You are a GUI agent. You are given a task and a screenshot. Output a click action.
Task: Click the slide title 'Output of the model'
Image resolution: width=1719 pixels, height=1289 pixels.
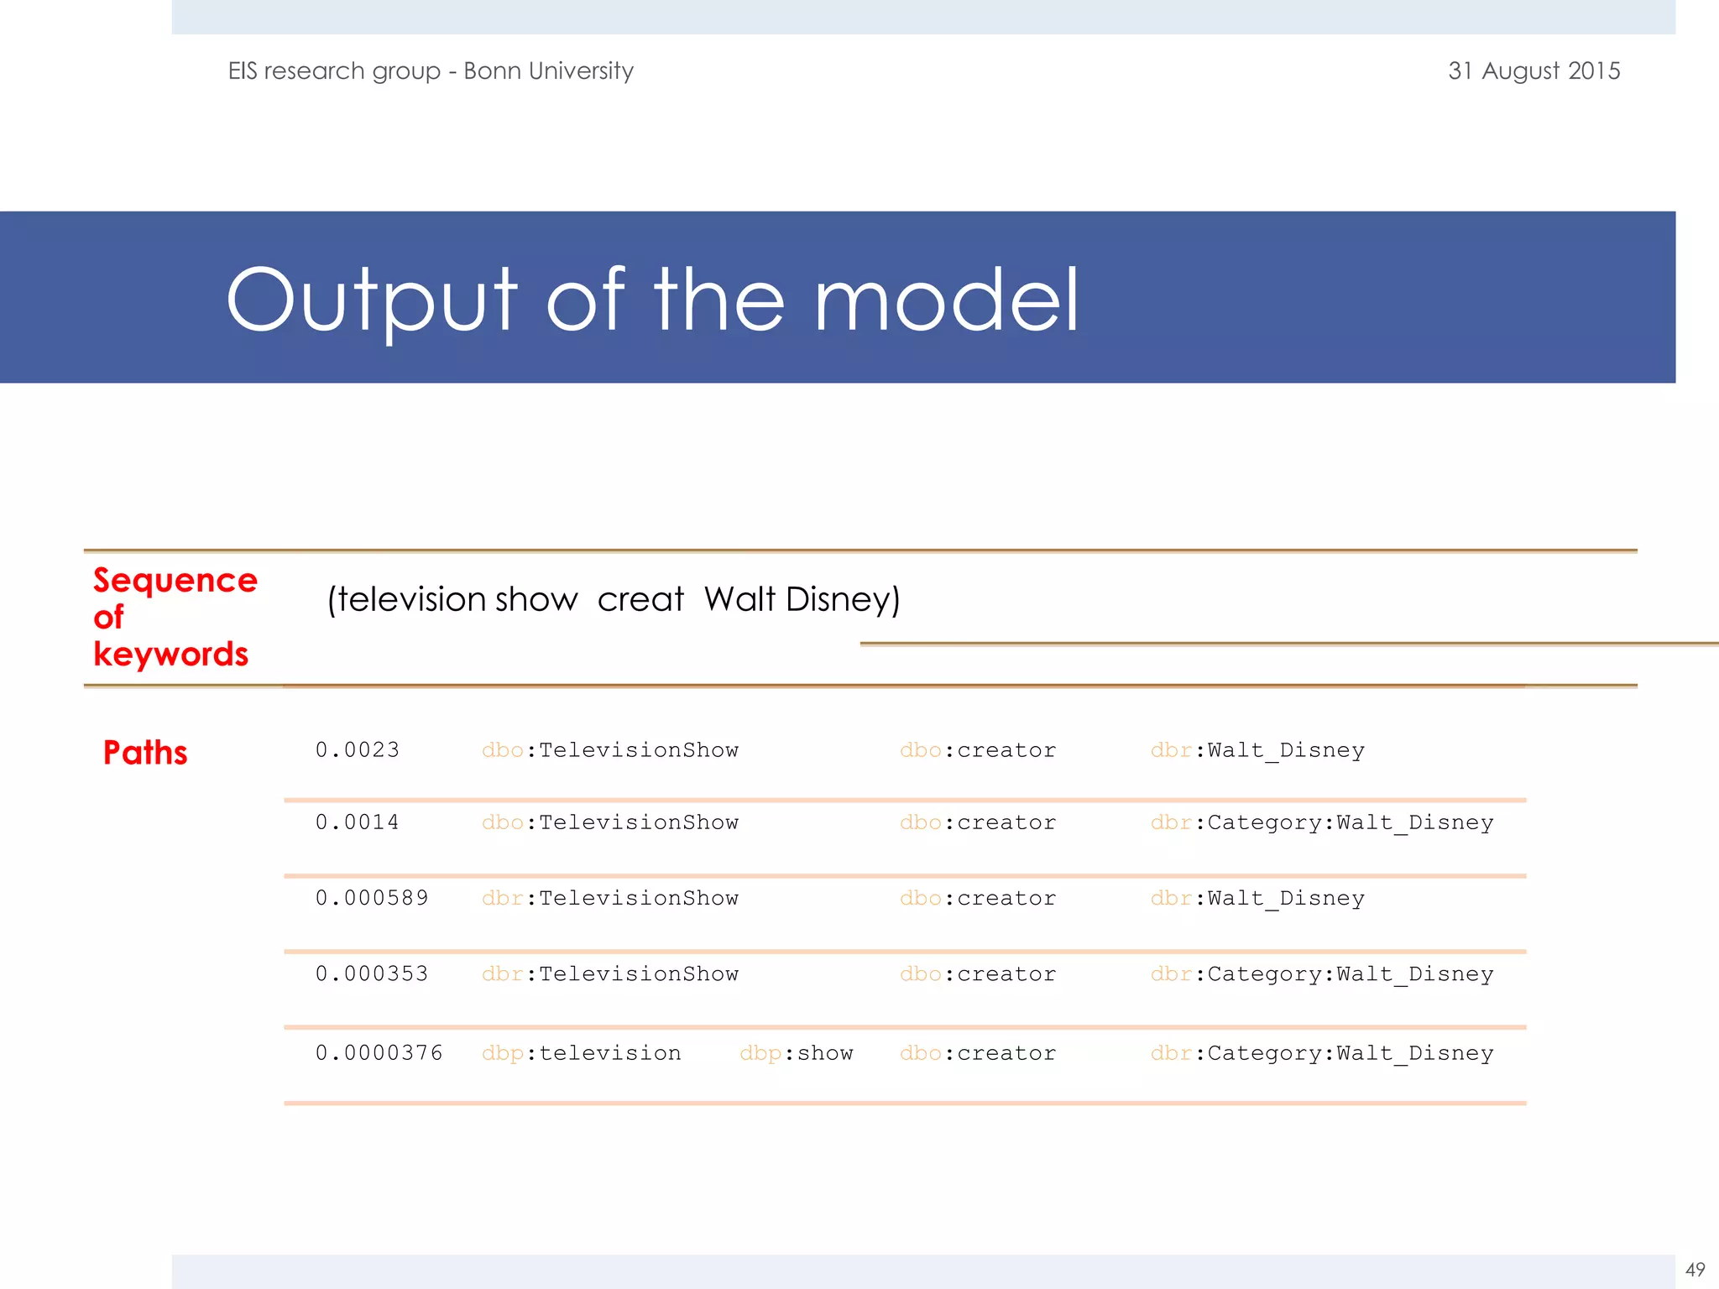652,300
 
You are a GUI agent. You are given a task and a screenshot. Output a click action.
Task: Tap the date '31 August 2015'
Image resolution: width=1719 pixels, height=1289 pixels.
1534,71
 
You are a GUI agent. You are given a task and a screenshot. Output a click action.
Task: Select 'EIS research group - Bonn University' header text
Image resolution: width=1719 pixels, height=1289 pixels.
431,71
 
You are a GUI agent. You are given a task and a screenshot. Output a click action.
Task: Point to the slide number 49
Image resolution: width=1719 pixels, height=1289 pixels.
1695,1270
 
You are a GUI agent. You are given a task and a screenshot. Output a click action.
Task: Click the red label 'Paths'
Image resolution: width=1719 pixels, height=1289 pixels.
145,753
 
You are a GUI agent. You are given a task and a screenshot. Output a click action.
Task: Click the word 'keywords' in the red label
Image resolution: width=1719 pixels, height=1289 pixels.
170,654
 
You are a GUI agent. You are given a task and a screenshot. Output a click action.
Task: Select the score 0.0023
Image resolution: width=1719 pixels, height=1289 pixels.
358,750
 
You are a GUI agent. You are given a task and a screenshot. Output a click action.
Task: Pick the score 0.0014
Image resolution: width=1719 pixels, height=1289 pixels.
358,822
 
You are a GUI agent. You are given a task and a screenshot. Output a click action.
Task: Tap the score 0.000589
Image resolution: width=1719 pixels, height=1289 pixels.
372,898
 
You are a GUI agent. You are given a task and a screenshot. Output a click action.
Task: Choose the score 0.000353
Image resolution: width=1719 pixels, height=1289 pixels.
372,973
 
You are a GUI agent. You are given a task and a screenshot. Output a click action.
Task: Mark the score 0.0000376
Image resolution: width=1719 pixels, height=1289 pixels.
379,1053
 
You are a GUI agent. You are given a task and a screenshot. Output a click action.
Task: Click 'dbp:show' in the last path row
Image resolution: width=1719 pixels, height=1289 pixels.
796,1053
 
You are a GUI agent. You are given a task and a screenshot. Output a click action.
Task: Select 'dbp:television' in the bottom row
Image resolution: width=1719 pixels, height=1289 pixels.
581,1053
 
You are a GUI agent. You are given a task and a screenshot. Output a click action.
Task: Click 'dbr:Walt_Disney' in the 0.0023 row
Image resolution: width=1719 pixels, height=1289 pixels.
1257,750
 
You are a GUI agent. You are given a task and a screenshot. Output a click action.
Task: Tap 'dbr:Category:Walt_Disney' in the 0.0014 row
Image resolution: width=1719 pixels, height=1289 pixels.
1322,822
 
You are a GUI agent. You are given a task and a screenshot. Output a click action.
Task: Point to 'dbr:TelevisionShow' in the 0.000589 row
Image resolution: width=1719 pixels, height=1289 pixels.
610,898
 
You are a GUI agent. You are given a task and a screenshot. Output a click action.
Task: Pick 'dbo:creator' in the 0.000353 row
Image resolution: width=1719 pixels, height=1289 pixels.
978,973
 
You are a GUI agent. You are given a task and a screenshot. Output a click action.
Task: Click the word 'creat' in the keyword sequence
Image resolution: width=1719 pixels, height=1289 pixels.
640,599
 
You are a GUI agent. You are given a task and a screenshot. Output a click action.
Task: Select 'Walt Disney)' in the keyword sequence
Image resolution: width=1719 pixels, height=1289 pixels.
802,599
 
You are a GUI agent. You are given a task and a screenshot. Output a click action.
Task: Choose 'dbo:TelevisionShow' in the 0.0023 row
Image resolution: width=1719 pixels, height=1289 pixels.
610,750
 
